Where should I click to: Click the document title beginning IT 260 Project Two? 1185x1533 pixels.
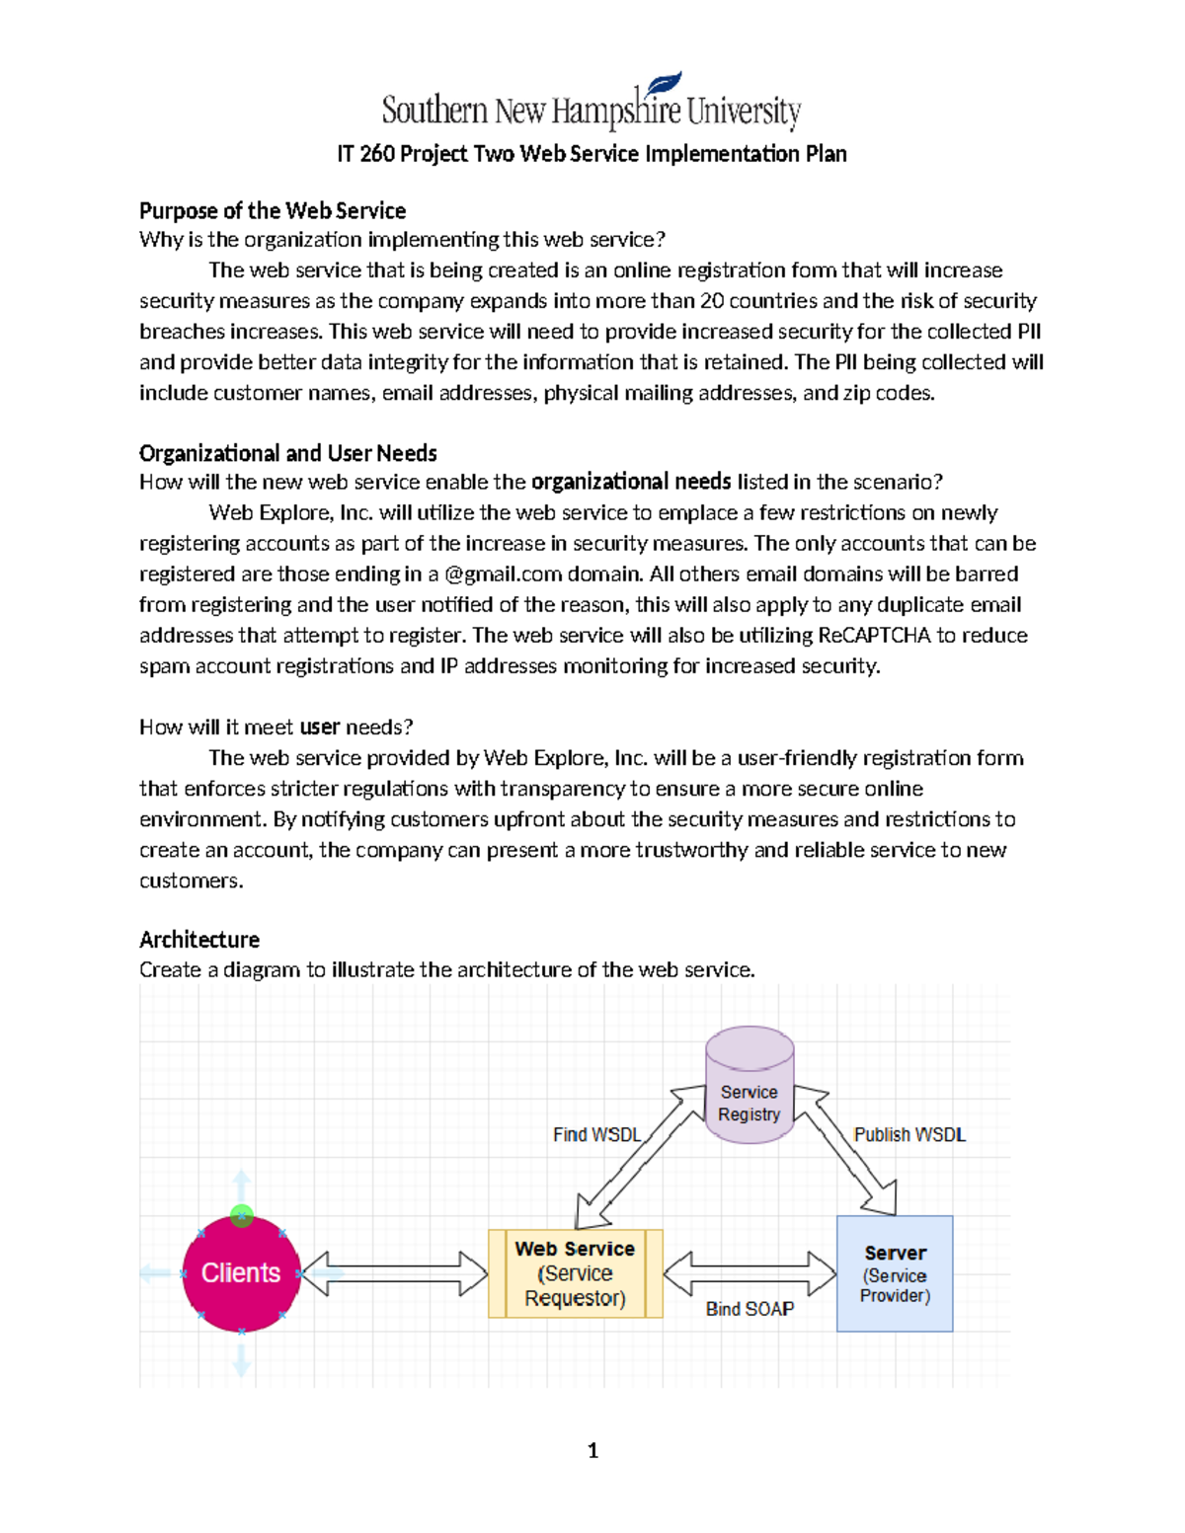592,154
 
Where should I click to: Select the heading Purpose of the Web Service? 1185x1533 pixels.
273,210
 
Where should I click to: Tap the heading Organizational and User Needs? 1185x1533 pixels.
287,453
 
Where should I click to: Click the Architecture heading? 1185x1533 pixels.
199,939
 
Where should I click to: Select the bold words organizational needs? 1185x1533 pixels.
630,482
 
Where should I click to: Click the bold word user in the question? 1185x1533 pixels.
319,728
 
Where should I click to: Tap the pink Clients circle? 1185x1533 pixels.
241,1274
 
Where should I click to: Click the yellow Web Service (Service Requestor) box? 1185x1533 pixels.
575,1273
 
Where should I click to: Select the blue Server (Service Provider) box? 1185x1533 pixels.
895,1273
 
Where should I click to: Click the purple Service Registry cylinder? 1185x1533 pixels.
750,1086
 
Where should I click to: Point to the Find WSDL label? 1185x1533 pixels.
596,1135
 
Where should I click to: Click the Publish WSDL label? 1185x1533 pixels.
909,1135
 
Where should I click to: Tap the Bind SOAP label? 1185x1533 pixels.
750,1309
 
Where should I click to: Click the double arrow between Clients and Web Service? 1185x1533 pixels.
394,1273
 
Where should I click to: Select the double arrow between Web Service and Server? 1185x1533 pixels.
750,1273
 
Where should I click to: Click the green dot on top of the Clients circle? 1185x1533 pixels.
242,1215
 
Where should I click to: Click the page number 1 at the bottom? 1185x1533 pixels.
592,1450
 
